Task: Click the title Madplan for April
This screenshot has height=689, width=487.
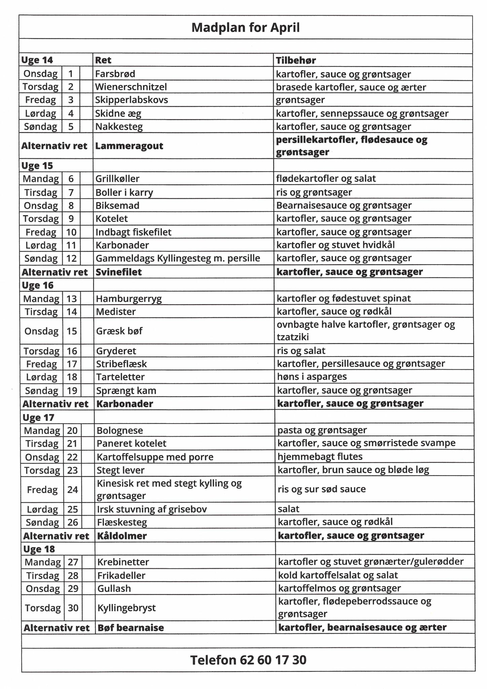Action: point(245,27)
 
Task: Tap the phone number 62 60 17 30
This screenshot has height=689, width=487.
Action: point(248,660)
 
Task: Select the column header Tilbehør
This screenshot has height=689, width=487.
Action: point(296,60)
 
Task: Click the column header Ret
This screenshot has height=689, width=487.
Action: point(103,60)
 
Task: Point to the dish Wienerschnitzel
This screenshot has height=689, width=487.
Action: point(131,87)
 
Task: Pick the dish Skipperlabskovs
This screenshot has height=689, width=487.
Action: point(132,100)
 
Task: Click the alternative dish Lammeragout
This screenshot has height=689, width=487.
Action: point(129,146)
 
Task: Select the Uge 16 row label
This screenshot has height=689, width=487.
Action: point(38,285)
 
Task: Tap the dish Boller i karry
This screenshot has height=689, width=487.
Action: point(124,192)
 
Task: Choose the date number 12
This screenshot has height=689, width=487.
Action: point(71,258)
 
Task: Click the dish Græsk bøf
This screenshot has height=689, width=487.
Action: point(119,331)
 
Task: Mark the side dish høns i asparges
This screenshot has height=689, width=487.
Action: point(312,376)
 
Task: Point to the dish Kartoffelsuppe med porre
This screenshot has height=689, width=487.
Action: point(155,457)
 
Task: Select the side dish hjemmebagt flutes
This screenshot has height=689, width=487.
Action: point(320,457)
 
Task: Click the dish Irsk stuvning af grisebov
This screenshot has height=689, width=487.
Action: point(152,509)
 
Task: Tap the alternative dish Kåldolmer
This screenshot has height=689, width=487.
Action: point(122,536)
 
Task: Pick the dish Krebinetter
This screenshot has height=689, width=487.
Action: point(123,562)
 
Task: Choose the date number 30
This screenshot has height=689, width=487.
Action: point(73,608)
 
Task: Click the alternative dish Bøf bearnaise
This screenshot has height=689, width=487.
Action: point(130,627)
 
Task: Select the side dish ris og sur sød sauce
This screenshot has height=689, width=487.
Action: point(322,489)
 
